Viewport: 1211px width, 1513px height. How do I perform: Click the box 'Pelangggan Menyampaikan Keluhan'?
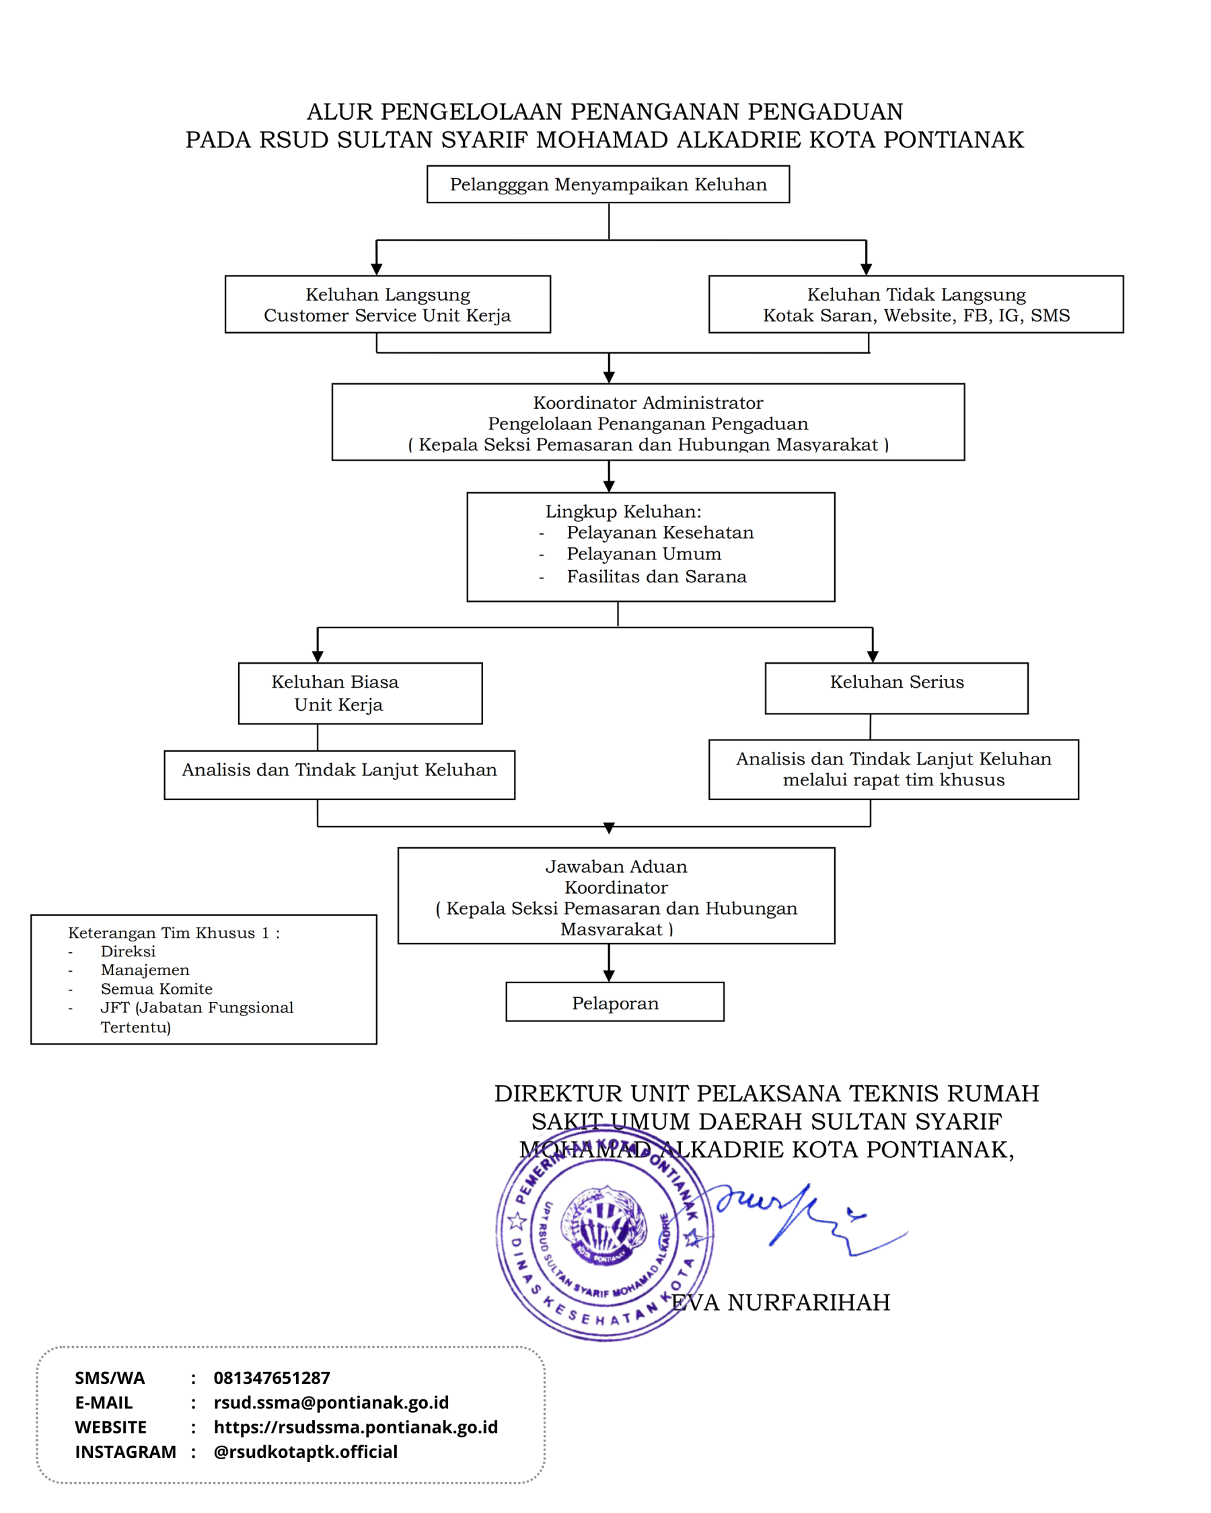[x=608, y=184]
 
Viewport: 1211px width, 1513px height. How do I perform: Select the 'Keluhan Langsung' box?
[x=388, y=304]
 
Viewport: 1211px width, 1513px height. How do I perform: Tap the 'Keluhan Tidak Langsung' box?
[x=916, y=304]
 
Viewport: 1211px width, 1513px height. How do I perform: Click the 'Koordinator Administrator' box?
[x=648, y=422]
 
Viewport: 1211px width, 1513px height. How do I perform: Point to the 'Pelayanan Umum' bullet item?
[x=644, y=553]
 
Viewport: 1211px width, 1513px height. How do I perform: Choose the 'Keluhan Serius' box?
[x=897, y=688]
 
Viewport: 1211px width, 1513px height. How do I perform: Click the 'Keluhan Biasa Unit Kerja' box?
[x=360, y=693]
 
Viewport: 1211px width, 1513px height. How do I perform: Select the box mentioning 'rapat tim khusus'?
[x=893, y=769]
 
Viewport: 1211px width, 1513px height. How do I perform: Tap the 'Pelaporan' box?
[x=615, y=1001]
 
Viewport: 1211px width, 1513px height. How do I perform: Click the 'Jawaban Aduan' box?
[x=616, y=896]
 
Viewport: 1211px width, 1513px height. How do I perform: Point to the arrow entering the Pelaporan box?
[x=609, y=963]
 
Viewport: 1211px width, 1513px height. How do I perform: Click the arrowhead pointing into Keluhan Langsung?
[x=376, y=270]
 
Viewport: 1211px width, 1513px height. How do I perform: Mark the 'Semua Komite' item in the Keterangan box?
[x=156, y=988]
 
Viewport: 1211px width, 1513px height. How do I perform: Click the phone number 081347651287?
[x=272, y=1378]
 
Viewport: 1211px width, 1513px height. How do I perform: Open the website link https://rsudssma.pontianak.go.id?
[x=356, y=1427]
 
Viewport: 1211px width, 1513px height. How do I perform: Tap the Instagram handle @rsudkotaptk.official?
[x=305, y=1451]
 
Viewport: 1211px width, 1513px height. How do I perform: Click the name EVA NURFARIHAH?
[x=780, y=1303]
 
